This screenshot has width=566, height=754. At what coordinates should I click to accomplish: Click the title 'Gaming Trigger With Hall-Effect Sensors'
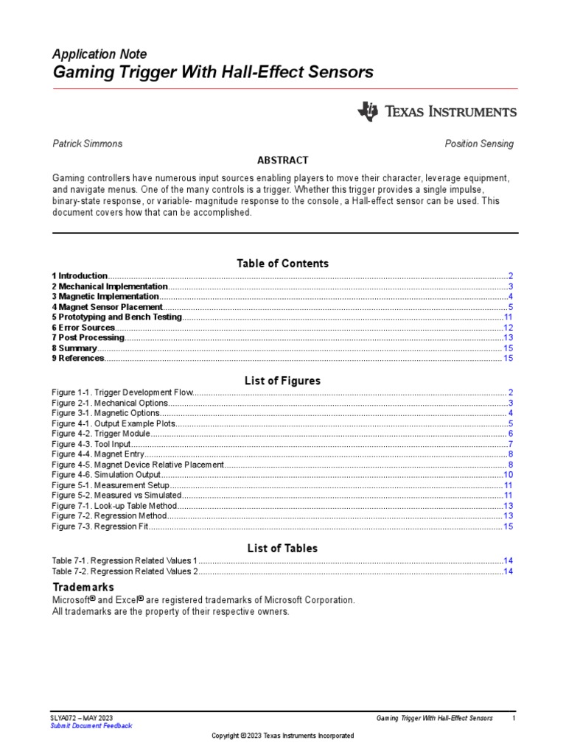click(212, 72)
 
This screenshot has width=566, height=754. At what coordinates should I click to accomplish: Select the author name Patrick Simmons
click(87, 144)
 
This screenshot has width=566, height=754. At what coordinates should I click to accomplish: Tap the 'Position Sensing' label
click(479, 144)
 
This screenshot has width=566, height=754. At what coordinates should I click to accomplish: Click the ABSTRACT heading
click(282, 161)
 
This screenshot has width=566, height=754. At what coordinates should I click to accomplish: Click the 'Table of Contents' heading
click(282, 263)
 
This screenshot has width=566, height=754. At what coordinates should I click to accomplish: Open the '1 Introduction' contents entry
click(80, 275)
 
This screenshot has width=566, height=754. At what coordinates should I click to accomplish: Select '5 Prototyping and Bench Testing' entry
click(116, 317)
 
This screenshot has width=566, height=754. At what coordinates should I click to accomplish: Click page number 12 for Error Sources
click(508, 328)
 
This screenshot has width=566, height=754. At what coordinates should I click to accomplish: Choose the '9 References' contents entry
click(78, 359)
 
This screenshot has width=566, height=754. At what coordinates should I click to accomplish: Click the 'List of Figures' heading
click(282, 381)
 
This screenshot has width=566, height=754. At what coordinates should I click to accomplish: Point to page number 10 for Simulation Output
click(508, 476)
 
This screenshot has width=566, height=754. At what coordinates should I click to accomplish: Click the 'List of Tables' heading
click(282, 548)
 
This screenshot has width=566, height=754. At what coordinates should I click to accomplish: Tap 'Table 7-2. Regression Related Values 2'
click(125, 571)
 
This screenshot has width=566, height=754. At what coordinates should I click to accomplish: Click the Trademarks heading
click(83, 588)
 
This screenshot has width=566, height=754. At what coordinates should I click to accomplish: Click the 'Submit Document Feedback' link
click(91, 726)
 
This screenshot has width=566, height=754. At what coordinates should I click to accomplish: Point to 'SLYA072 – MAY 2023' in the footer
click(82, 717)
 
